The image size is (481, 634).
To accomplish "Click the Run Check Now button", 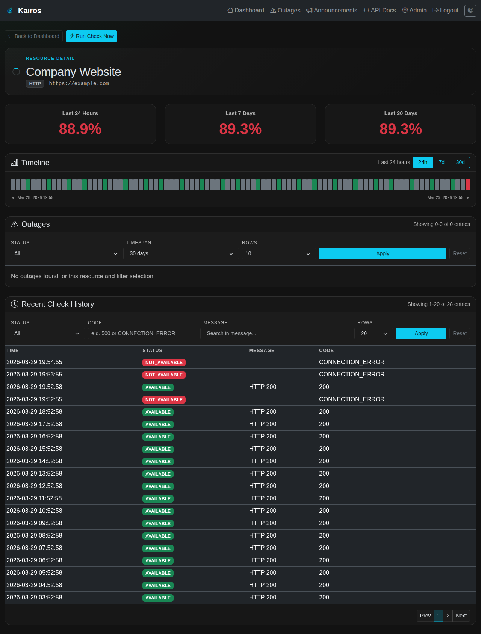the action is point(91,36).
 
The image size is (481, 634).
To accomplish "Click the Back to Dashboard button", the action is point(33,36).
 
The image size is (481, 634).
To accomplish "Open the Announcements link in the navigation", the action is point(332,11).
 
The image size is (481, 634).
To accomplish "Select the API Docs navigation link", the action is point(380,11).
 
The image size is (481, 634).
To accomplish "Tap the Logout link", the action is point(445,11).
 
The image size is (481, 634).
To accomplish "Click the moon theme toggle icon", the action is point(470,11).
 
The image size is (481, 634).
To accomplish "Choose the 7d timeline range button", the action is point(442,162).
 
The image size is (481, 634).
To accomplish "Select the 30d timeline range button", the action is point(460,162).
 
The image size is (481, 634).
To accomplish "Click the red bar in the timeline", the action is point(468,185).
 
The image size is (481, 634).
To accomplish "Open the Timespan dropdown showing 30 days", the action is point(183,254).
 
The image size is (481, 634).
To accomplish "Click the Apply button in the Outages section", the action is point(383,254).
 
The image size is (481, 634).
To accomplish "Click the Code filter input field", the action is point(144,334).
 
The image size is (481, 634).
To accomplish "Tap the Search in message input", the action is point(279,334).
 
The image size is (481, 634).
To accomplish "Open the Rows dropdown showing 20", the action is point(375,334).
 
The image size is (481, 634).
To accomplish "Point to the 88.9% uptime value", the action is point(80,129).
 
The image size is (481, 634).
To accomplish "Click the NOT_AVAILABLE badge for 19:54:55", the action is point(164,363).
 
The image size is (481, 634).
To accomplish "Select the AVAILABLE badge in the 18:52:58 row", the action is point(158,412).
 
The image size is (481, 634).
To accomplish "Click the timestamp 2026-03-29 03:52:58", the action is point(34,598).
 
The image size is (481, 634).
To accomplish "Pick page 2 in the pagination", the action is point(448,616).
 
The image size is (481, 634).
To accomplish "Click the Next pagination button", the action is point(461,616).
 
